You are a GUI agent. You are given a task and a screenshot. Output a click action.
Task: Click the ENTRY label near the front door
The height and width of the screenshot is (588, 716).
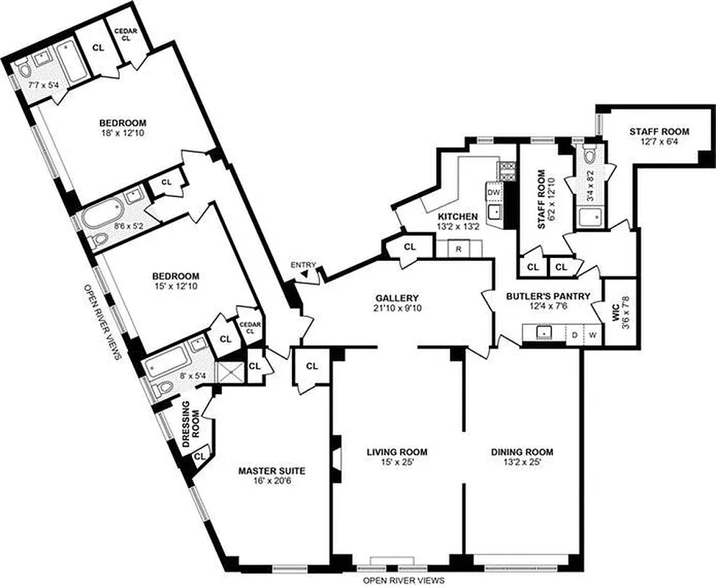[303, 265]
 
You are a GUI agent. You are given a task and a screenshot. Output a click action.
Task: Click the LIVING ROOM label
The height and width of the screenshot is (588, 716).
[398, 452]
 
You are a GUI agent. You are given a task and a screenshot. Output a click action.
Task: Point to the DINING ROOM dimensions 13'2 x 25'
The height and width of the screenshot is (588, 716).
[522, 464]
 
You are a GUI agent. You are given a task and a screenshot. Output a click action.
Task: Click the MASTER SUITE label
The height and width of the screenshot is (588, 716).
[271, 470]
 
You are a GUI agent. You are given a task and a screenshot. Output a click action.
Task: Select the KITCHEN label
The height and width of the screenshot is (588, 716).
[458, 216]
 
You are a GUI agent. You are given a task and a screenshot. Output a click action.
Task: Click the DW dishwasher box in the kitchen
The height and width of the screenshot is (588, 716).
[494, 193]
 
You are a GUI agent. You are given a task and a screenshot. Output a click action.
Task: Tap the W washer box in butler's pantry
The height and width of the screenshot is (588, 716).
[593, 335]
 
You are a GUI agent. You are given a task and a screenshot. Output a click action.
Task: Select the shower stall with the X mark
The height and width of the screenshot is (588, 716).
[232, 373]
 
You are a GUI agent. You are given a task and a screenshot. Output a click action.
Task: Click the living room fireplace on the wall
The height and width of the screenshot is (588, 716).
[335, 457]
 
